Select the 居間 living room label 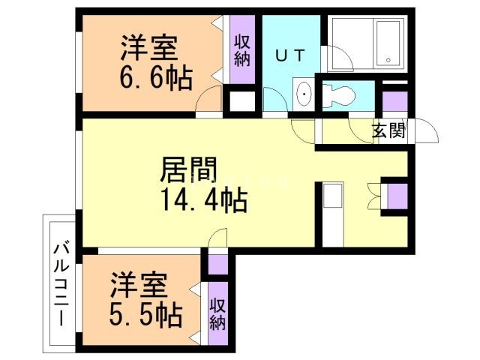tap(188, 169)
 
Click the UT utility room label tap(290, 55)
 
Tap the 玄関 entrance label tap(389, 131)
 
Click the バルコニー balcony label tap(61, 284)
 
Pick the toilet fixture tap(338, 96)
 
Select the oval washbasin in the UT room tap(304, 94)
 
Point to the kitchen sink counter tap(333, 214)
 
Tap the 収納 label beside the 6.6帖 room tap(242, 51)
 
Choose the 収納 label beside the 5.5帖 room tap(217, 314)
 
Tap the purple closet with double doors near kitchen tap(397, 196)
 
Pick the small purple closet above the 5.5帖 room tap(218, 265)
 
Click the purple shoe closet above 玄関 tap(395, 101)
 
